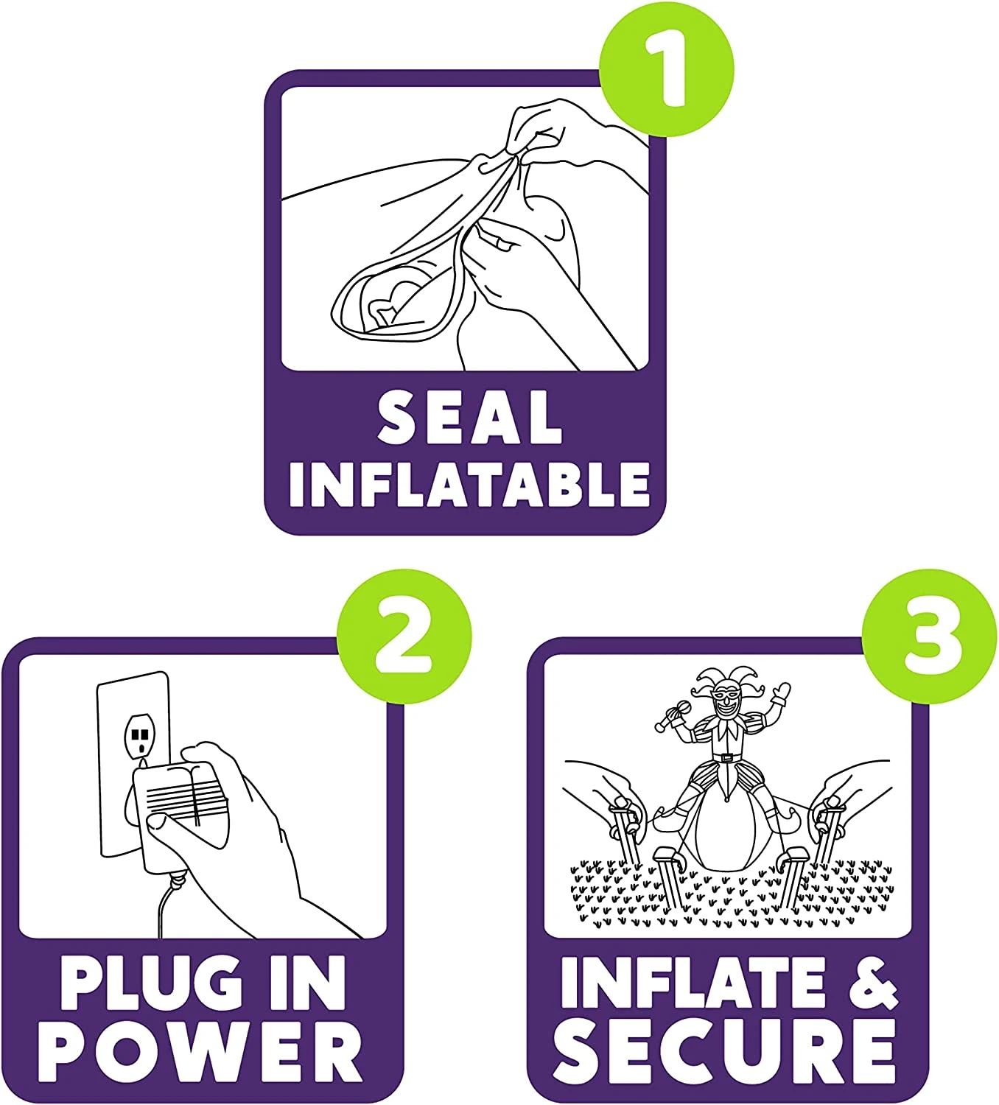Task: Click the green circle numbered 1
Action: click(666, 70)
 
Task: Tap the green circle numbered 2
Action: click(404, 636)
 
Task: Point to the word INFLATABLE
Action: click(469, 484)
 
